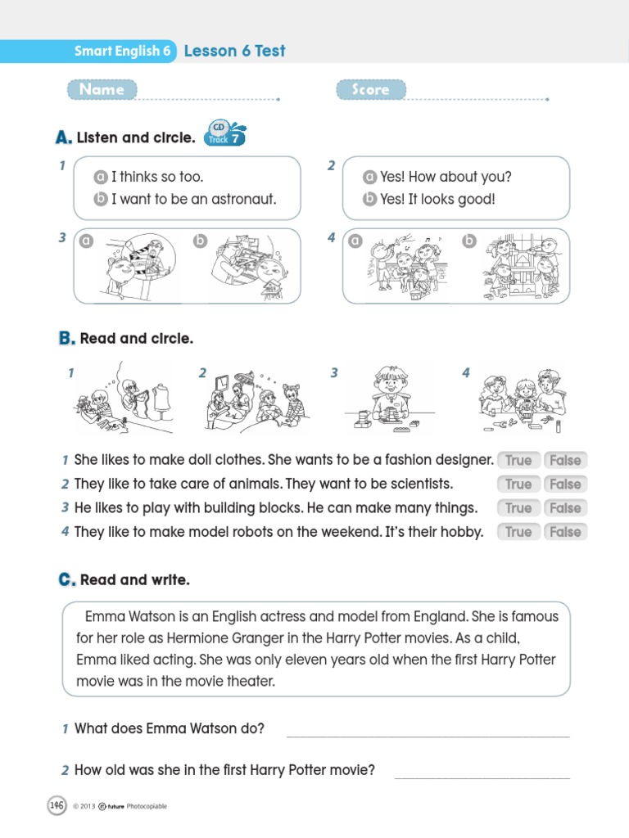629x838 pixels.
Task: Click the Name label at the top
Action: (102, 89)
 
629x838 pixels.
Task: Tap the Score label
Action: (370, 89)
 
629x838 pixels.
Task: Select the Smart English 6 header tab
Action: (122, 51)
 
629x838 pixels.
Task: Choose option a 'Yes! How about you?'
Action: (438, 177)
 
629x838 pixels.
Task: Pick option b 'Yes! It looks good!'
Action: (430, 199)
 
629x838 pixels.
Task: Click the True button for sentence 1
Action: (518, 461)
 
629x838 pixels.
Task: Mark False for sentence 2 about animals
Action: (565, 484)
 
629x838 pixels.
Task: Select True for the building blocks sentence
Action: (518, 508)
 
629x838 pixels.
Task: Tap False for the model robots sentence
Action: (565, 532)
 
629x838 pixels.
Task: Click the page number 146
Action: (56, 805)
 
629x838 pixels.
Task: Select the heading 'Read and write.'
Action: (134, 580)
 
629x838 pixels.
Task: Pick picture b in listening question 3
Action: (246, 267)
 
